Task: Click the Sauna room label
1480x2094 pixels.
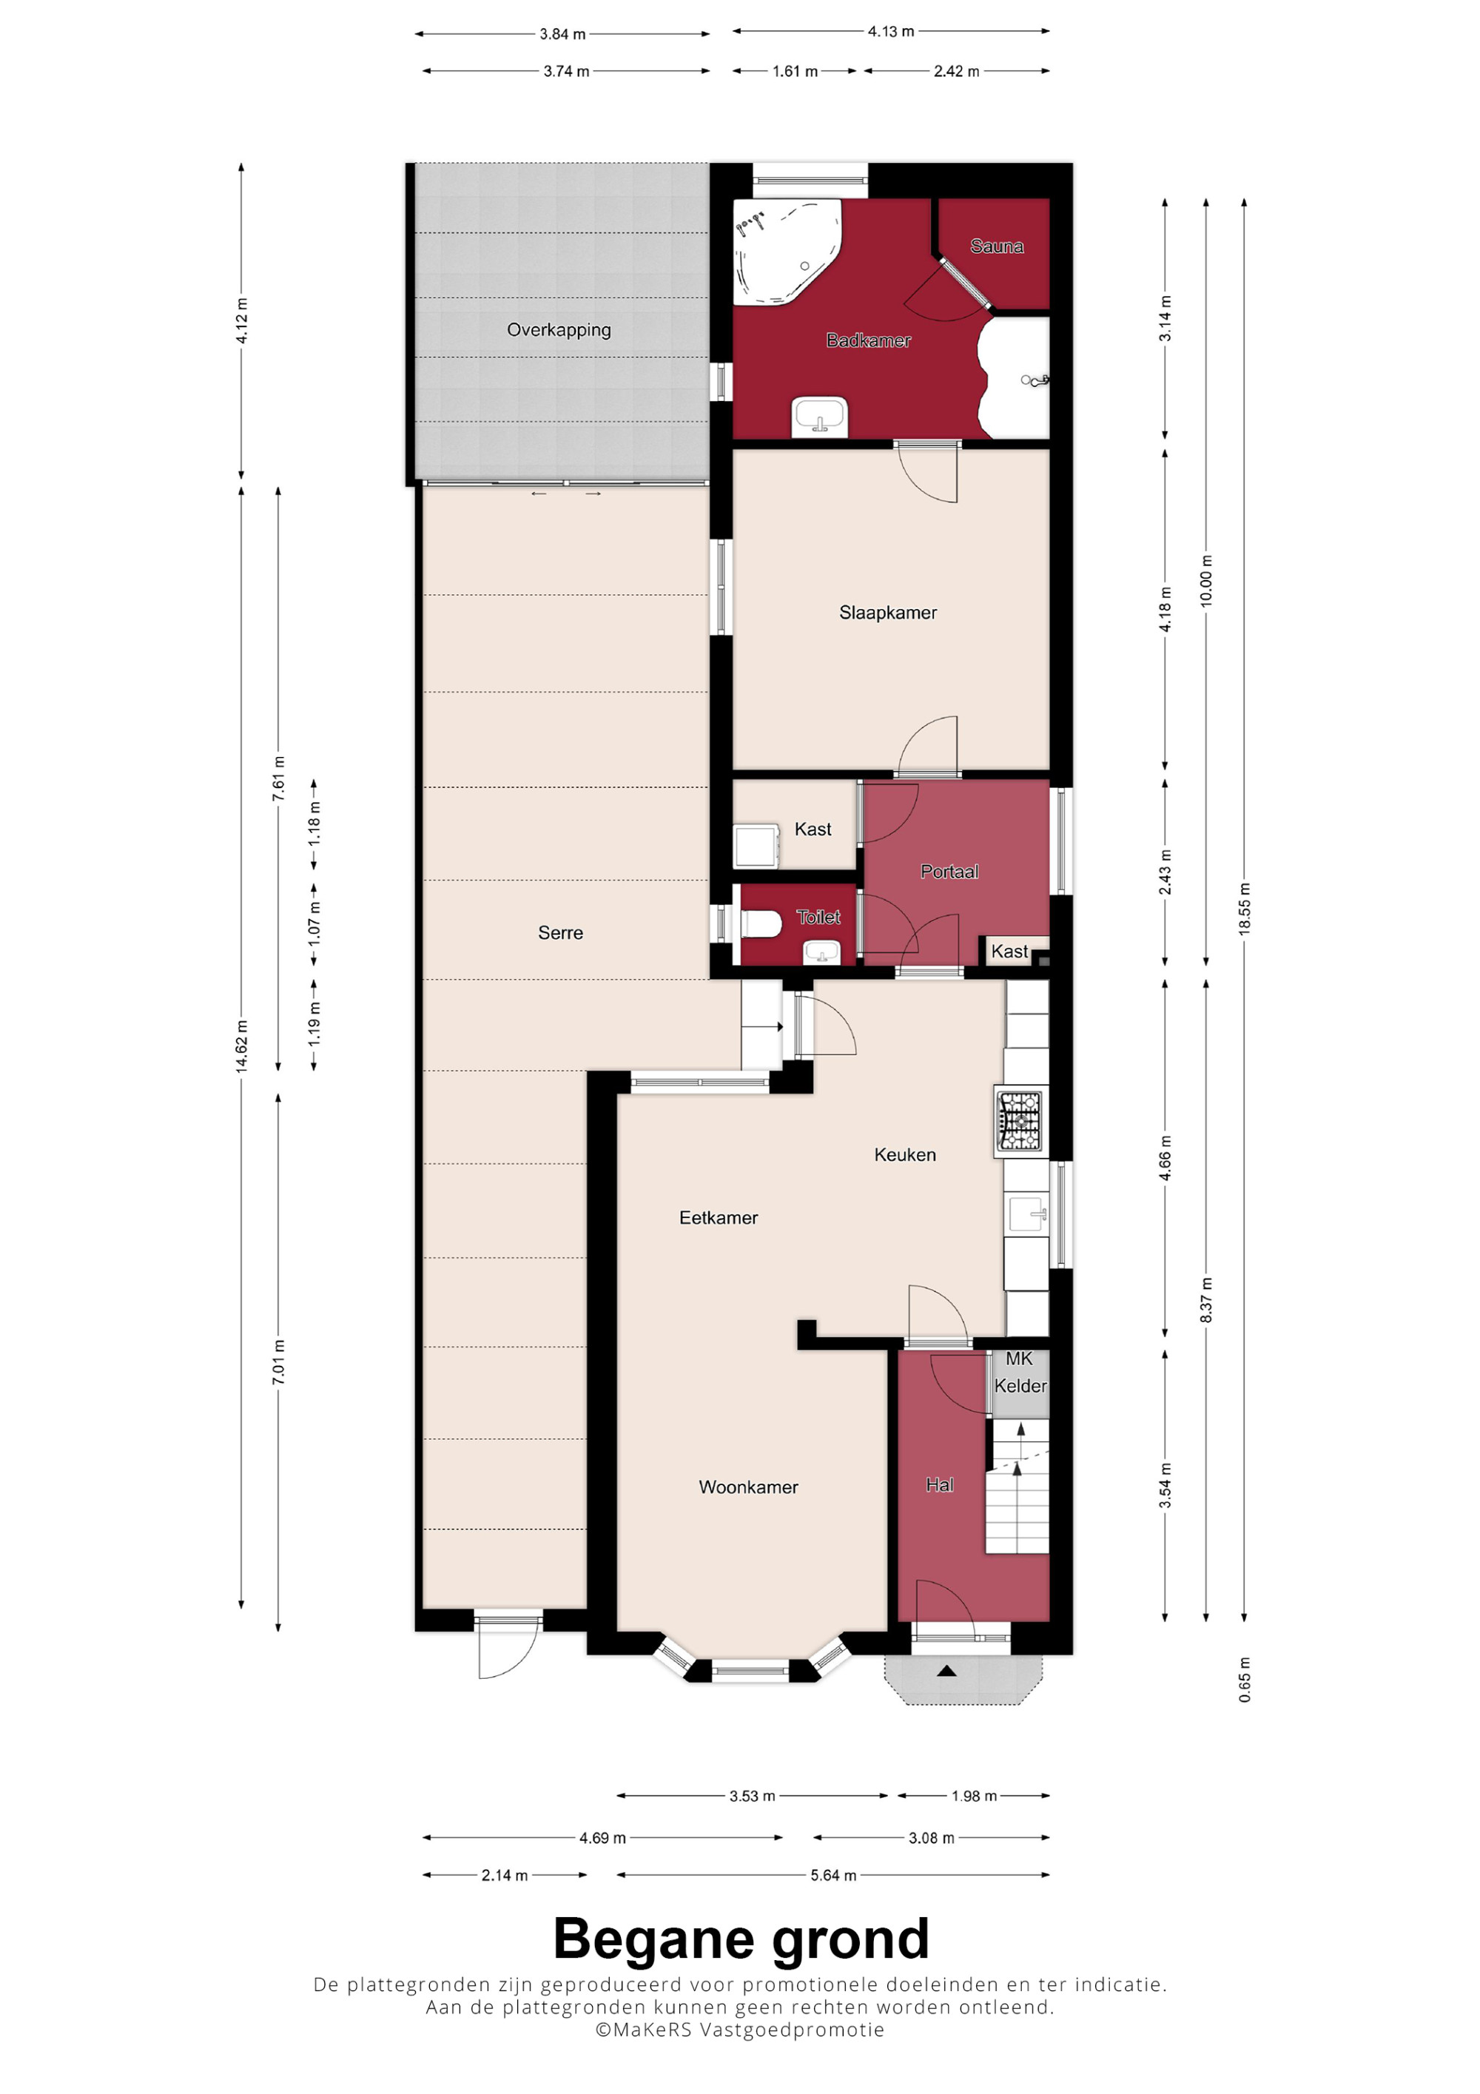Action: point(996,246)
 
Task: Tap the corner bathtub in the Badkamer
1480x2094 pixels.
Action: point(785,252)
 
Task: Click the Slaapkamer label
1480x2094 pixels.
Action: point(887,613)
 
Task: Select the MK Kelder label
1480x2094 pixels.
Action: point(1020,1373)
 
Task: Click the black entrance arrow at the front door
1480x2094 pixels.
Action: point(946,1671)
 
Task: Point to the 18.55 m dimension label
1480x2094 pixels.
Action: point(1245,909)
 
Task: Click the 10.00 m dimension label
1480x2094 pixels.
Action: point(1205,581)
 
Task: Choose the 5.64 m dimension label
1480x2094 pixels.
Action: point(833,1875)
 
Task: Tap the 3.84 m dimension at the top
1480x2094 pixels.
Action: point(562,35)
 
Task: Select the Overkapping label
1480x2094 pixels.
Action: point(559,330)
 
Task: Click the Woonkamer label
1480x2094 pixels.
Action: point(747,1487)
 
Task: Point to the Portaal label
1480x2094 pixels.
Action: point(949,872)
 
